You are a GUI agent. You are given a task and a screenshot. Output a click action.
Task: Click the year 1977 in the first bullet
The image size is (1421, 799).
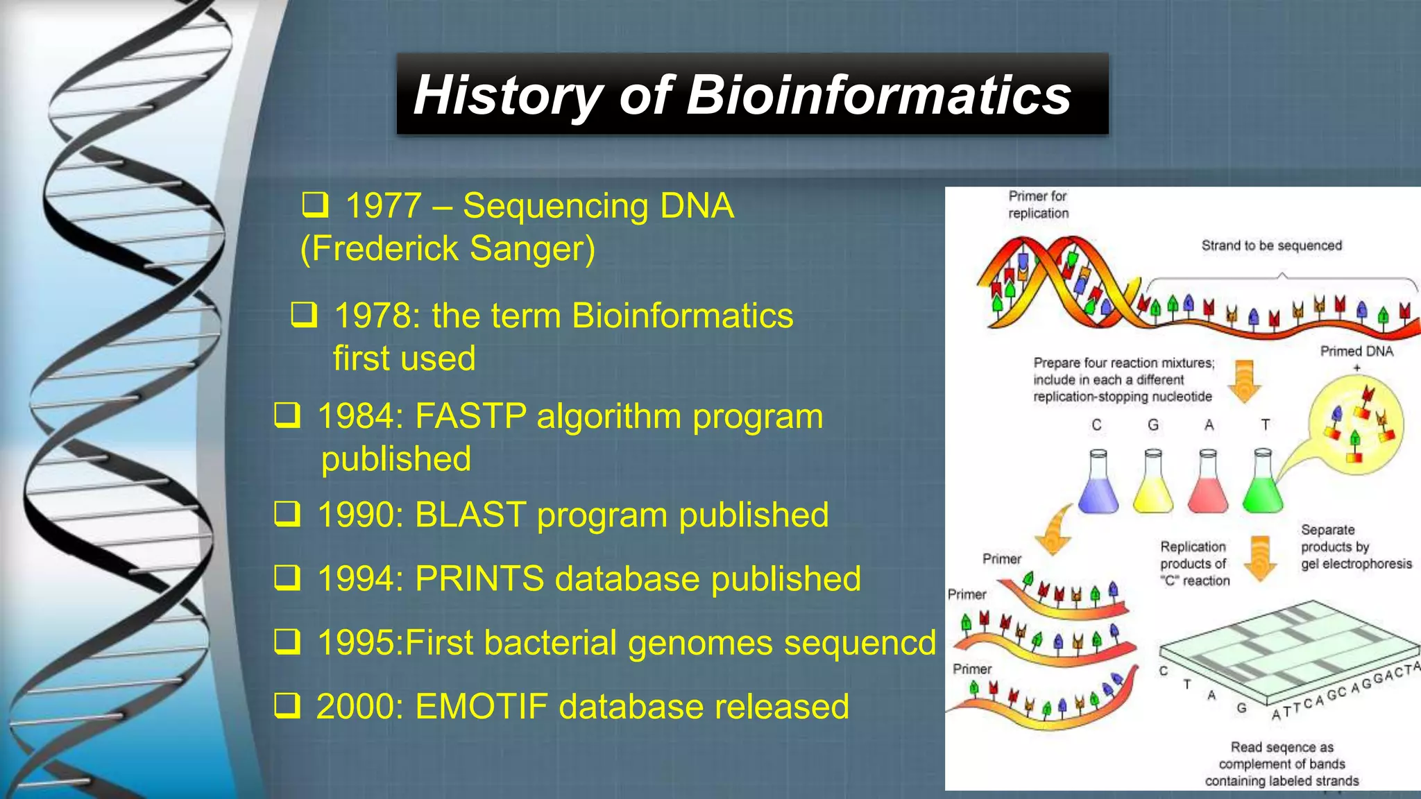pyautogui.click(x=384, y=206)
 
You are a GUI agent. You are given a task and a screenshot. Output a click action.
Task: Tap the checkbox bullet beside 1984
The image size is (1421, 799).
pyautogui.click(x=287, y=415)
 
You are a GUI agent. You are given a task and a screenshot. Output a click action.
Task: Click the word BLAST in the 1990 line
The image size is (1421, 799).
pyautogui.click(x=470, y=515)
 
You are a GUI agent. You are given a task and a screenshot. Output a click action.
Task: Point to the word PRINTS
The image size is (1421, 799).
pyautogui.click(x=479, y=578)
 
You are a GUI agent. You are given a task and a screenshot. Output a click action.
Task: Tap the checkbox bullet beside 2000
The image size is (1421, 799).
pyautogui.click(x=287, y=706)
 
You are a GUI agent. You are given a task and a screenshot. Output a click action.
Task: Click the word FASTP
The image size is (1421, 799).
pyautogui.click(x=470, y=416)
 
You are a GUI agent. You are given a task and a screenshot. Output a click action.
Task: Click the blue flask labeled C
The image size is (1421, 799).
pyautogui.click(x=1098, y=486)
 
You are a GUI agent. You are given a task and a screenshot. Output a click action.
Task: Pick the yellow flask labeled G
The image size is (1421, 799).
pyautogui.click(x=1152, y=486)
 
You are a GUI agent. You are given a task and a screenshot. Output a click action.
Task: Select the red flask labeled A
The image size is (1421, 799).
pyautogui.click(x=1207, y=486)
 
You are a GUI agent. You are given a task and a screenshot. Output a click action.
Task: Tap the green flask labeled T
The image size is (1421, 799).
pyautogui.click(x=1263, y=486)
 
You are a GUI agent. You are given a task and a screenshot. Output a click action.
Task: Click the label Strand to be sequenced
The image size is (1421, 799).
pyautogui.click(x=1271, y=246)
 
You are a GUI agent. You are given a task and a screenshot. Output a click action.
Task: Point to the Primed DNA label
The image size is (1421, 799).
pyautogui.click(x=1356, y=352)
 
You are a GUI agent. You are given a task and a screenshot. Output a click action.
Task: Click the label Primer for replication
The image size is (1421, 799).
pyautogui.click(x=1038, y=205)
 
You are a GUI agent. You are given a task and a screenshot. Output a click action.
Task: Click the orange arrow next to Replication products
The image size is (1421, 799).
pyautogui.click(x=1260, y=559)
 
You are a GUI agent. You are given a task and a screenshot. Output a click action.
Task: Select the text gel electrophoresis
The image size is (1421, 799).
pyautogui.click(x=1356, y=564)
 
